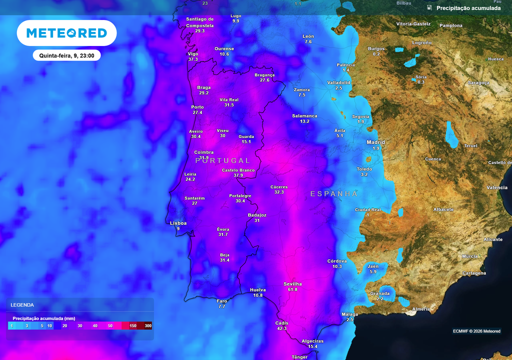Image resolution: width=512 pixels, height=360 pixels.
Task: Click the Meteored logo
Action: click(66, 33)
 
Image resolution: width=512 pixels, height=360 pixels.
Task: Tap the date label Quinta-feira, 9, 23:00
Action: click(66, 55)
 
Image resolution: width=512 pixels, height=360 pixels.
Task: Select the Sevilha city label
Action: click(292, 283)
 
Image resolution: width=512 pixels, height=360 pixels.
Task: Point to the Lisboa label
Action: click(178, 223)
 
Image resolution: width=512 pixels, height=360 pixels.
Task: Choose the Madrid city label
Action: click(376, 142)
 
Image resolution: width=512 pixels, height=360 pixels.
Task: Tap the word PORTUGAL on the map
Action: click(223, 160)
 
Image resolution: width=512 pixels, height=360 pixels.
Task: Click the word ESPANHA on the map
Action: click(334, 193)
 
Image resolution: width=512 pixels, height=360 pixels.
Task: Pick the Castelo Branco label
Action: click(238, 170)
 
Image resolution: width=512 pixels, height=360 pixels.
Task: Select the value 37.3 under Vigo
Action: click(193, 59)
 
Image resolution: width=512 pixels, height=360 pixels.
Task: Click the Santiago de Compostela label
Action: click(199, 22)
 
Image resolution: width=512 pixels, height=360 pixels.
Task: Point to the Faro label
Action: click(222, 301)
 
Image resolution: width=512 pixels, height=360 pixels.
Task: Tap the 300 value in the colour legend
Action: click(148, 325)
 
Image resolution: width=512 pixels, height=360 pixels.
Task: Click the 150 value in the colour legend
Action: click(133, 325)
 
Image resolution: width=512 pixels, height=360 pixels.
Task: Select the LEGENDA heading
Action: click(22, 304)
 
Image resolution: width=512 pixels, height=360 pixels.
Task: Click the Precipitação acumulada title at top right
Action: click(468, 8)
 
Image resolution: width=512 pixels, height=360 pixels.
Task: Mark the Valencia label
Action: click(497, 187)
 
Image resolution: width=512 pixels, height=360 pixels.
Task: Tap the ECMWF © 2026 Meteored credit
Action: click(476, 331)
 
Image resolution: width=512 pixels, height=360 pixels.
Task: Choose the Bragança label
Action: click(264, 74)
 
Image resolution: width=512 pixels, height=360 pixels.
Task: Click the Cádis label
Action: click(281, 322)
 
